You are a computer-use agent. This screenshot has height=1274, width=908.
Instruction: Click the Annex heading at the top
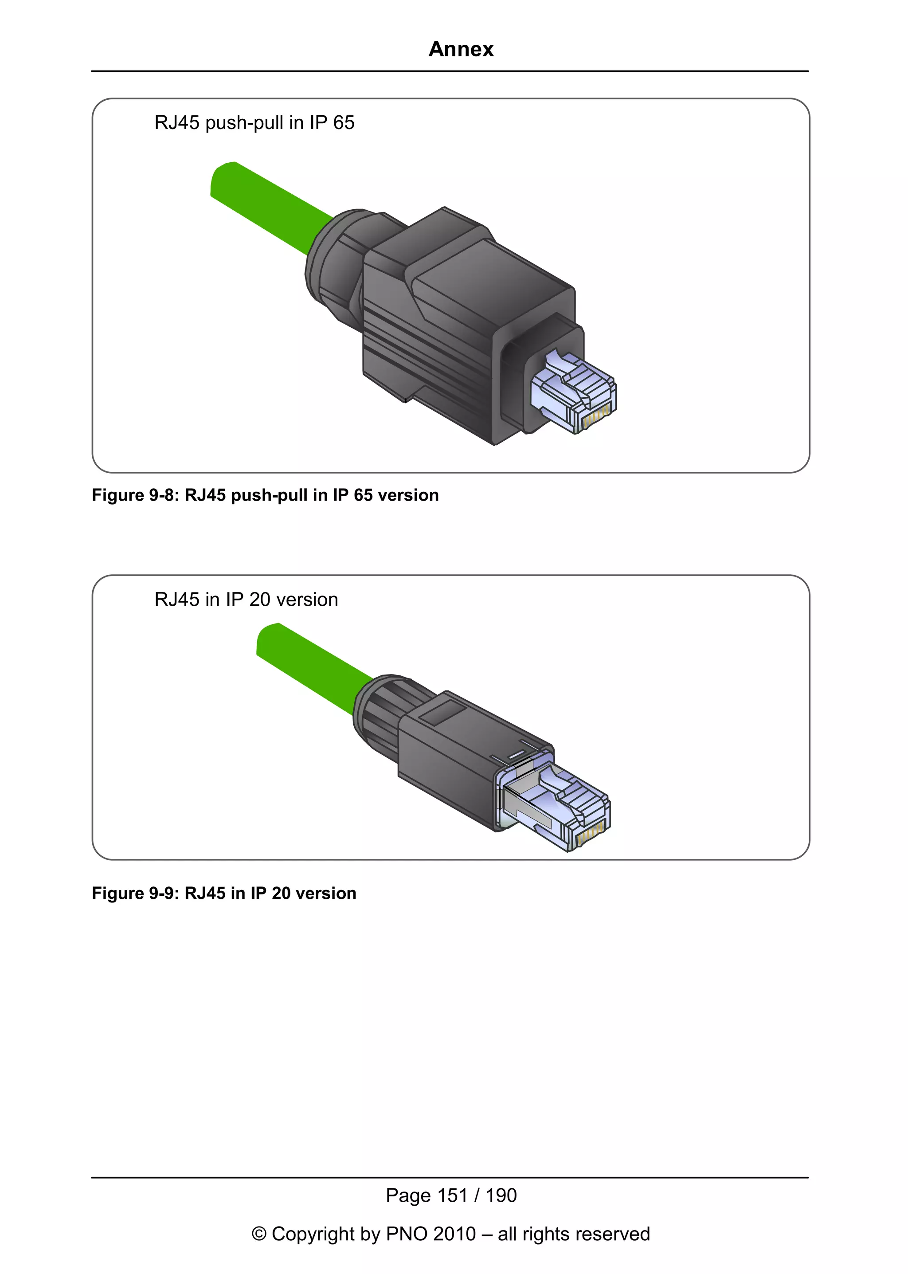461,49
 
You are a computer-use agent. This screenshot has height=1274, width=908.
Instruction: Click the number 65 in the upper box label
343,122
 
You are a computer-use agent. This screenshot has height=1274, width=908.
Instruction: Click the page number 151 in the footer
452,1195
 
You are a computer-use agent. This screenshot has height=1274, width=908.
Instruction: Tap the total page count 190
501,1195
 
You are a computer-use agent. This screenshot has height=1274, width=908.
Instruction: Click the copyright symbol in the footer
259,1234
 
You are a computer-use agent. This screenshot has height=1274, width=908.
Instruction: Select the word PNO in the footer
407,1234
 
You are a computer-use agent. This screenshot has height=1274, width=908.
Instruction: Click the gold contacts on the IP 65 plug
595,417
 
